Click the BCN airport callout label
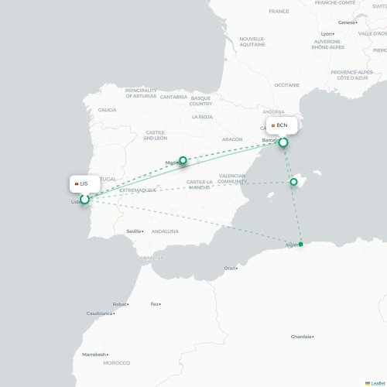(x=279, y=125)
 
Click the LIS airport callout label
(x=81, y=183)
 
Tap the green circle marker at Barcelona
(x=284, y=142)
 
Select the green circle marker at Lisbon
(x=84, y=200)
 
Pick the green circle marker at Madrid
(x=183, y=161)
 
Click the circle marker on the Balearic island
(x=293, y=182)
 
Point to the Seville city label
(x=135, y=231)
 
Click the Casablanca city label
(x=100, y=313)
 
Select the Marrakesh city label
(x=94, y=354)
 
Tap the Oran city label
(x=230, y=268)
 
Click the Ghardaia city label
(x=302, y=337)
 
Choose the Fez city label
(x=156, y=304)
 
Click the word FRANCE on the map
(x=279, y=12)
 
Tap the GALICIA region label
(x=107, y=110)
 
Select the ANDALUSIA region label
(x=165, y=231)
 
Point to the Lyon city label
(x=327, y=34)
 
